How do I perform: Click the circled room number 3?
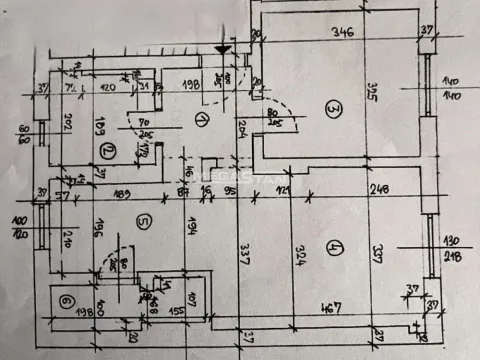click(332, 109)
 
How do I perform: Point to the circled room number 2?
click(107, 152)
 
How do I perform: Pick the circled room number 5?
click(144, 222)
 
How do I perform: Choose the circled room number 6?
click(67, 300)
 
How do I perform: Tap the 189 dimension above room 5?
click(123, 195)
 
